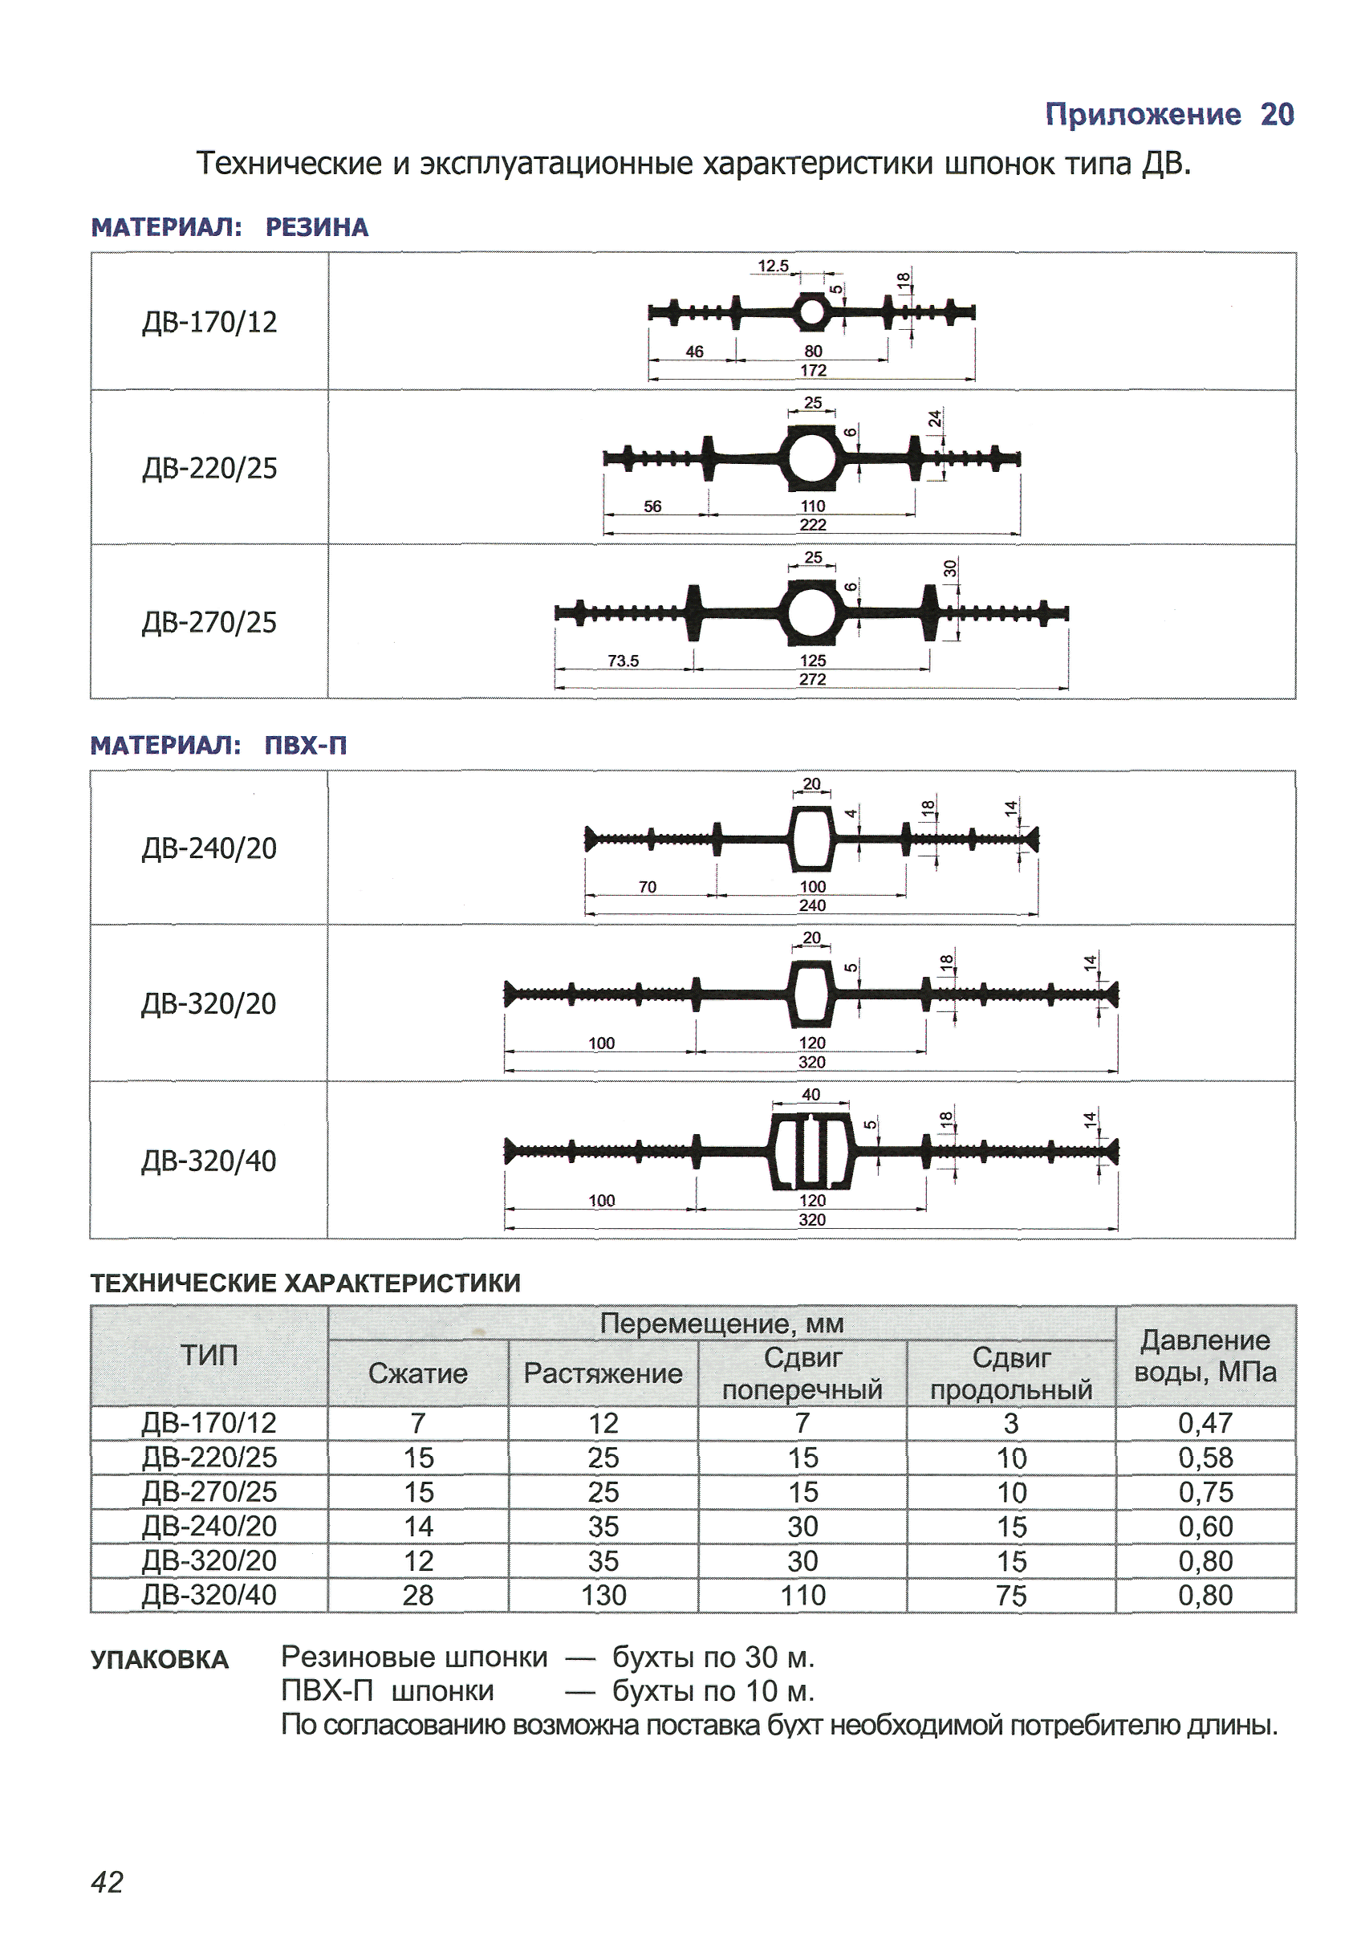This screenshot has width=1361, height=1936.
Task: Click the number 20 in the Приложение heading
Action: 1277,114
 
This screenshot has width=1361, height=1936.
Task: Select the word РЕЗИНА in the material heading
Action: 317,227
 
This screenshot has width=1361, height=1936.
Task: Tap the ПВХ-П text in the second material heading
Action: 305,745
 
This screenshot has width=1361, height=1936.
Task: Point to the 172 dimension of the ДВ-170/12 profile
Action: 813,370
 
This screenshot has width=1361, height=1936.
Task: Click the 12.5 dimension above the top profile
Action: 773,266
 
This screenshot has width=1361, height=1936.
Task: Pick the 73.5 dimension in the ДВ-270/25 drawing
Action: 624,661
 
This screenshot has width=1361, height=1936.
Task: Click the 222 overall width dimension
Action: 813,524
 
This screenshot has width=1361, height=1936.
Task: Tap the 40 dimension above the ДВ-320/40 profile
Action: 811,1095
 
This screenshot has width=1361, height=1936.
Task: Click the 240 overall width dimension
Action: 812,905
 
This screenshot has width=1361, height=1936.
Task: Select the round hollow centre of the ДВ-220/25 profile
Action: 811,458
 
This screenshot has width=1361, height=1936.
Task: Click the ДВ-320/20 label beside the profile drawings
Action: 209,1003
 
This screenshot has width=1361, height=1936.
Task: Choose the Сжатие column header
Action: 417,1373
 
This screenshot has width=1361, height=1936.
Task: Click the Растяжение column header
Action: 603,1373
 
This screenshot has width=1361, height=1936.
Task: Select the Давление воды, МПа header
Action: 1205,1356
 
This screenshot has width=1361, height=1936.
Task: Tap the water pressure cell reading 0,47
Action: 1205,1423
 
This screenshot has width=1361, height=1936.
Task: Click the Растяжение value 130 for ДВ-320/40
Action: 603,1596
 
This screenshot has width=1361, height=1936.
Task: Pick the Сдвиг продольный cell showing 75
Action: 1011,1596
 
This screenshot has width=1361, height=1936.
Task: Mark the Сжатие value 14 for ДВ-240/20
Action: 417,1526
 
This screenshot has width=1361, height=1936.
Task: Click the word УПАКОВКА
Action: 160,1659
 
